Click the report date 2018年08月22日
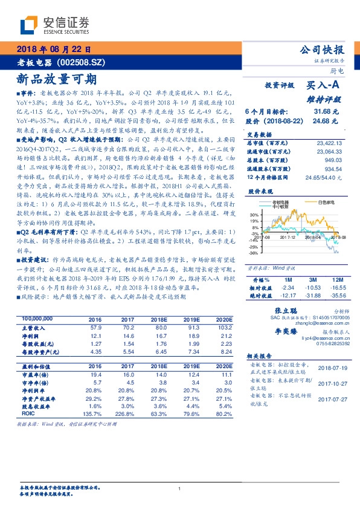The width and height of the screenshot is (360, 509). pos(53,49)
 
